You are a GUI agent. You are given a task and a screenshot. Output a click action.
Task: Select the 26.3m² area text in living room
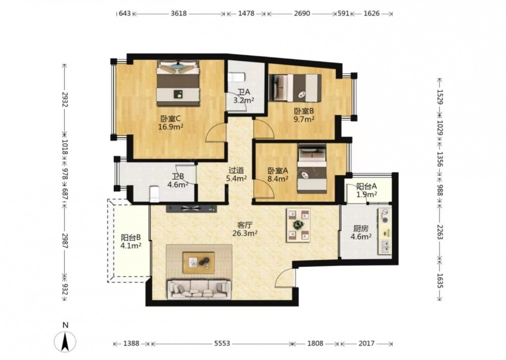tap(245, 233)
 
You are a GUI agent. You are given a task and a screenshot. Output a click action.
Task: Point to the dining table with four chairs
tap(298, 225)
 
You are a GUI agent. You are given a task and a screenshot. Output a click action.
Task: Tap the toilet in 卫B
tap(155, 193)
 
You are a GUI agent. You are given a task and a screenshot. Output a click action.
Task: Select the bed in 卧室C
tap(178, 83)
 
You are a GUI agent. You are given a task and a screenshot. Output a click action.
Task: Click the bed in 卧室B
tap(295, 88)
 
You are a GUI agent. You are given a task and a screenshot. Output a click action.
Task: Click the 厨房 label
tap(360, 228)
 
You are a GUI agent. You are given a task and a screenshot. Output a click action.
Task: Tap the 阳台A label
tap(366, 186)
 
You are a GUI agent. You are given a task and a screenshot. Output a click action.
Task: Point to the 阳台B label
tap(131, 237)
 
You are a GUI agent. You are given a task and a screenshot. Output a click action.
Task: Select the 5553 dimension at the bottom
tap(222, 343)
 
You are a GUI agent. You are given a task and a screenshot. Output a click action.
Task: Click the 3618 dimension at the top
tap(179, 14)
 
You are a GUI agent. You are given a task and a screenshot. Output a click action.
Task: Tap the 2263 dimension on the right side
tap(440, 231)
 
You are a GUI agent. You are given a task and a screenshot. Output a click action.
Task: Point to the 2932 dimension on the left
tap(65, 100)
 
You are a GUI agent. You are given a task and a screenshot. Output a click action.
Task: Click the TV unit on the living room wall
tap(192, 209)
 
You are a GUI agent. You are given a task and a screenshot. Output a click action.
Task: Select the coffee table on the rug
tap(198, 262)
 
